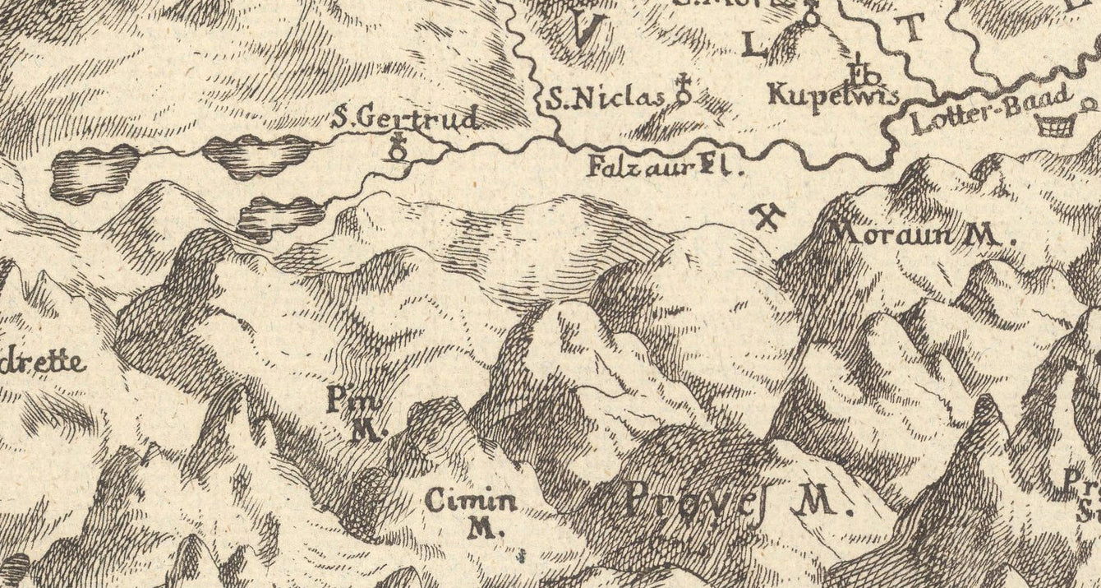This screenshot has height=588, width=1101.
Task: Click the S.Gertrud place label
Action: (x=405, y=119)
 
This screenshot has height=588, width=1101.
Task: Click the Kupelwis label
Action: (x=832, y=95)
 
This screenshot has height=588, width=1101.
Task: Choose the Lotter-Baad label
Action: (x=992, y=110)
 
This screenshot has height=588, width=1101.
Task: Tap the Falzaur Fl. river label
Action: (x=665, y=169)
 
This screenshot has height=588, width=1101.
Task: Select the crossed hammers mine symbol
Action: (x=768, y=217)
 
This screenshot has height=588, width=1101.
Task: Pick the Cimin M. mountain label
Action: (x=471, y=512)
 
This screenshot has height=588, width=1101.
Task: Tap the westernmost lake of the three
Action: (x=93, y=174)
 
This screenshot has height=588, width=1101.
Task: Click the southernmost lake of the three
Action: (x=279, y=216)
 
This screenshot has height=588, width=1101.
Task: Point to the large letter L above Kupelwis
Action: (x=753, y=48)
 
